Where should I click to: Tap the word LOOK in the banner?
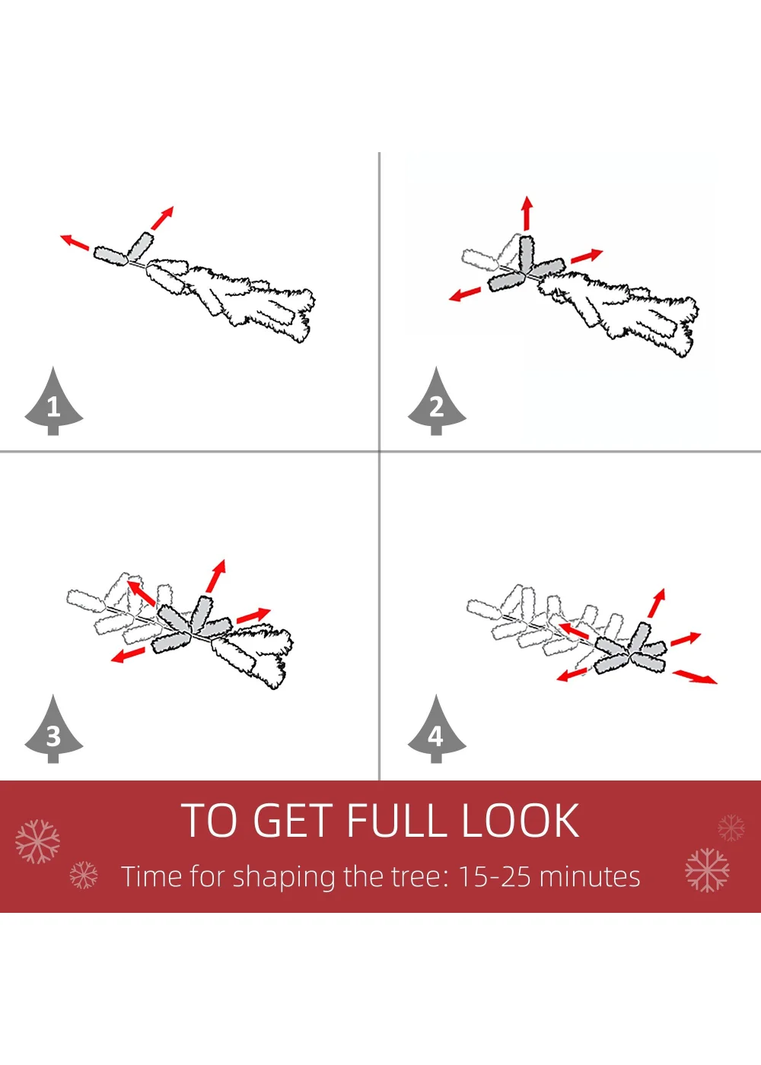(521, 820)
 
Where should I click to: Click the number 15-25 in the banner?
(494, 876)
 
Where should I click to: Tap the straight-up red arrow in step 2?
(527, 213)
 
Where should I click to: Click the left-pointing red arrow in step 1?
(75, 242)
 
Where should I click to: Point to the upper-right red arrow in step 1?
(162, 218)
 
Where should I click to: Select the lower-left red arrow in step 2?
(465, 294)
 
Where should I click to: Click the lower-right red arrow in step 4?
(694, 676)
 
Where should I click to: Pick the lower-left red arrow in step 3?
(128, 655)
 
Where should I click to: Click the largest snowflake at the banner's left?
(37, 841)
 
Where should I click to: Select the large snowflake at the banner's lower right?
(707, 869)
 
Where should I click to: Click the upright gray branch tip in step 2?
(526, 253)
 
